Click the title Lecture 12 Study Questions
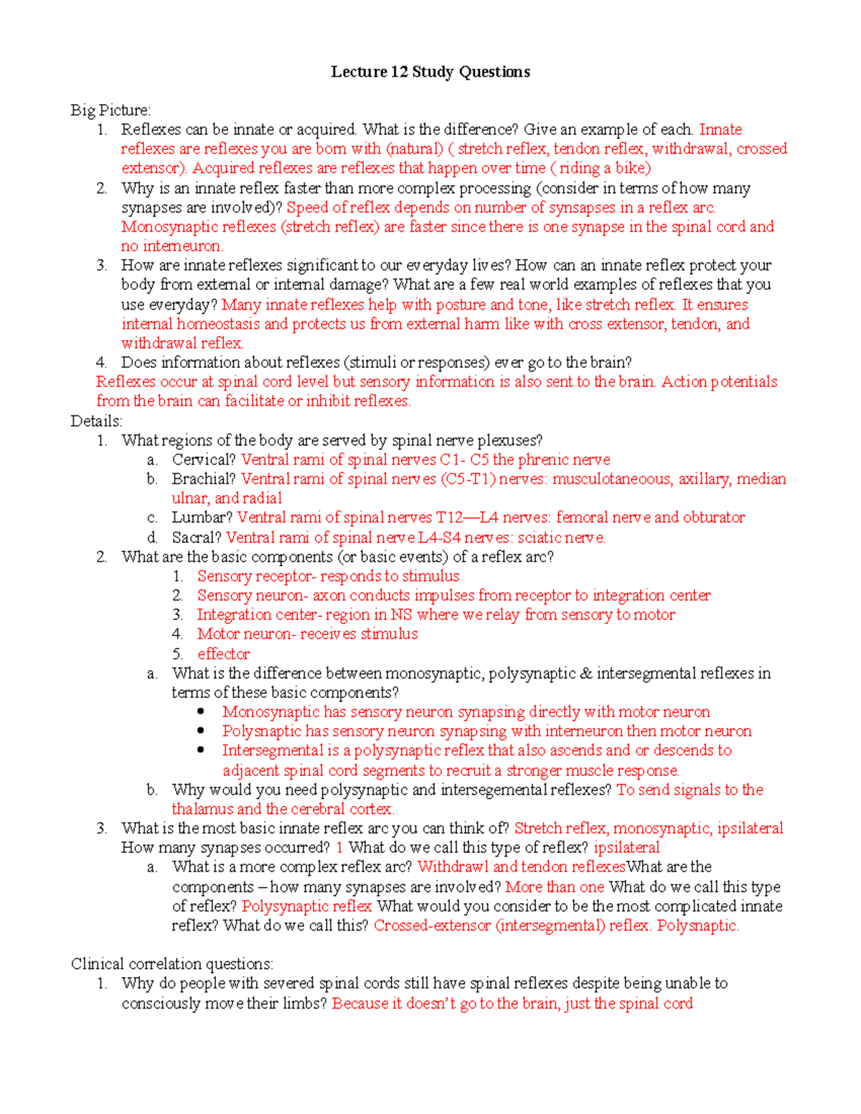pyautogui.click(x=430, y=72)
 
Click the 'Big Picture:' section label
pyautogui.click(x=110, y=110)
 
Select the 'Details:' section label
pyautogui.click(x=96, y=421)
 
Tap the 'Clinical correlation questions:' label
pyautogui.click(x=171, y=963)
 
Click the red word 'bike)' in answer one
pyautogui.click(x=633, y=169)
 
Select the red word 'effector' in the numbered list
pyautogui.click(x=224, y=654)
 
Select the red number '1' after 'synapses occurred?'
pyautogui.click(x=339, y=848)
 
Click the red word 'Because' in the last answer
pyautogui.click(x=359, y=1004)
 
